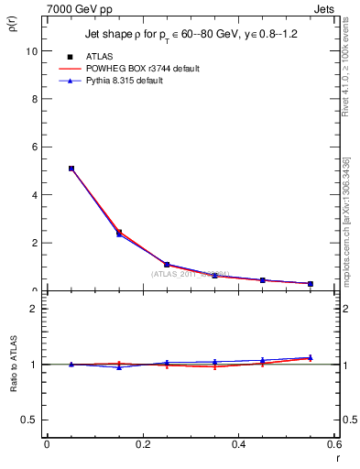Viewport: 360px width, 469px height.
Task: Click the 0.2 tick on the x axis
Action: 142,444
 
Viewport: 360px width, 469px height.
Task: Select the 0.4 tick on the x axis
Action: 238,444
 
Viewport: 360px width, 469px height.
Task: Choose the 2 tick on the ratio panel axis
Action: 33,309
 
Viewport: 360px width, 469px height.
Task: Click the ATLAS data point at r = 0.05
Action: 71,169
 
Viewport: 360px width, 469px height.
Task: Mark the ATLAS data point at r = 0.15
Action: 119,233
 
